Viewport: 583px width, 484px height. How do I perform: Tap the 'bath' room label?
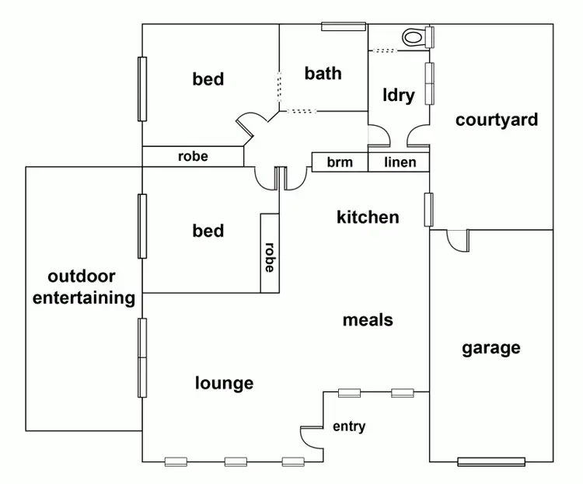tap(323, 74)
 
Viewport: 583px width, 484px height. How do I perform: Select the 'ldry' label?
tap(399, 96)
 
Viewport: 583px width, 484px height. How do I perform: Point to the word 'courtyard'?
tap(497, 120)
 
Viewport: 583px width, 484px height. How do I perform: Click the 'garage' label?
tap(491, 347)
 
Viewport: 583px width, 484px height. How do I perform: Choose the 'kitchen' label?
tap(368, 217)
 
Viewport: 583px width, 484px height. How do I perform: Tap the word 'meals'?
tap(368, 319)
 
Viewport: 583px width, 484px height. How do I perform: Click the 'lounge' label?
tap(224, 382)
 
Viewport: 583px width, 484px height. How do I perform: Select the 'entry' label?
tap(349, 427)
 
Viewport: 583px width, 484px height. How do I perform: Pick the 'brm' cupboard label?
tap(340, 162)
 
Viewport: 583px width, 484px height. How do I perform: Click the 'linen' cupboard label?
tap(400, 162)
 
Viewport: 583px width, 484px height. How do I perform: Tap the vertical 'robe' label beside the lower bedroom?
tap(270, 258)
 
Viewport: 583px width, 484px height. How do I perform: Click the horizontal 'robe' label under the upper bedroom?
tap(193, 156)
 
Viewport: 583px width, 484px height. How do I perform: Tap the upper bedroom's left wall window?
tap(142, 89)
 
